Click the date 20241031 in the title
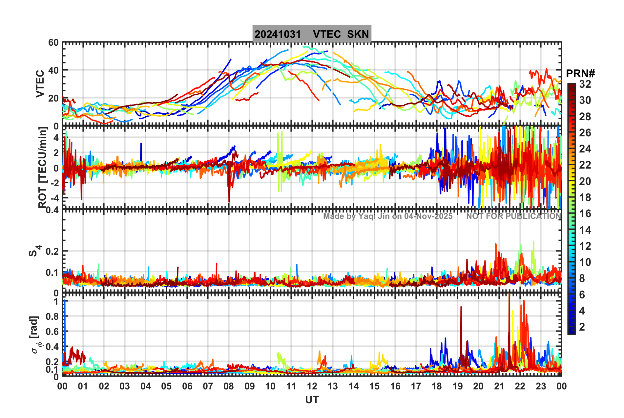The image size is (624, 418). pyautogui.click(x=278, y=34)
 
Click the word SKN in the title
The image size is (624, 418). pyautogui.click(x=358, y=34)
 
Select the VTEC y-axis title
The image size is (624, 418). pyautogui.click(x=40, y=84)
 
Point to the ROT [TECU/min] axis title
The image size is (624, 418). pyautogui.click(x=42, y=168)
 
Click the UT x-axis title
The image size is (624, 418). pyautogui.click(x=312, y=400)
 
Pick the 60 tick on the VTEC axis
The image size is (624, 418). pyautogui.click(x=53, y=43)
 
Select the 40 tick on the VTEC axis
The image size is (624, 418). pyautogui.click(x=53, y=70)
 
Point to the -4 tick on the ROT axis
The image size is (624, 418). pyautogui.click(x=54, y=198)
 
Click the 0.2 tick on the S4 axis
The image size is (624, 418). pyautogui.click(x=52, y=251)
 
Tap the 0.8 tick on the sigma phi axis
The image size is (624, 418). pyautogui.click(x=52, y=316)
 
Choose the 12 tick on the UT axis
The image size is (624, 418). pyautogui.click(x=312, y=386)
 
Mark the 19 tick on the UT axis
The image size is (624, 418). pyautogui.click(x=458, y=386)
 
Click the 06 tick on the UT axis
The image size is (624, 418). pyautogui.click(x=187, y=386)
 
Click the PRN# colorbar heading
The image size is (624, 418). pyautogui.click(x=580, y=74)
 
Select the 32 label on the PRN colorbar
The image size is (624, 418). pyautogui.click(x=585, y=84)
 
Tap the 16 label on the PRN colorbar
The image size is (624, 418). pyautogui.click(x=585, y=214)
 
